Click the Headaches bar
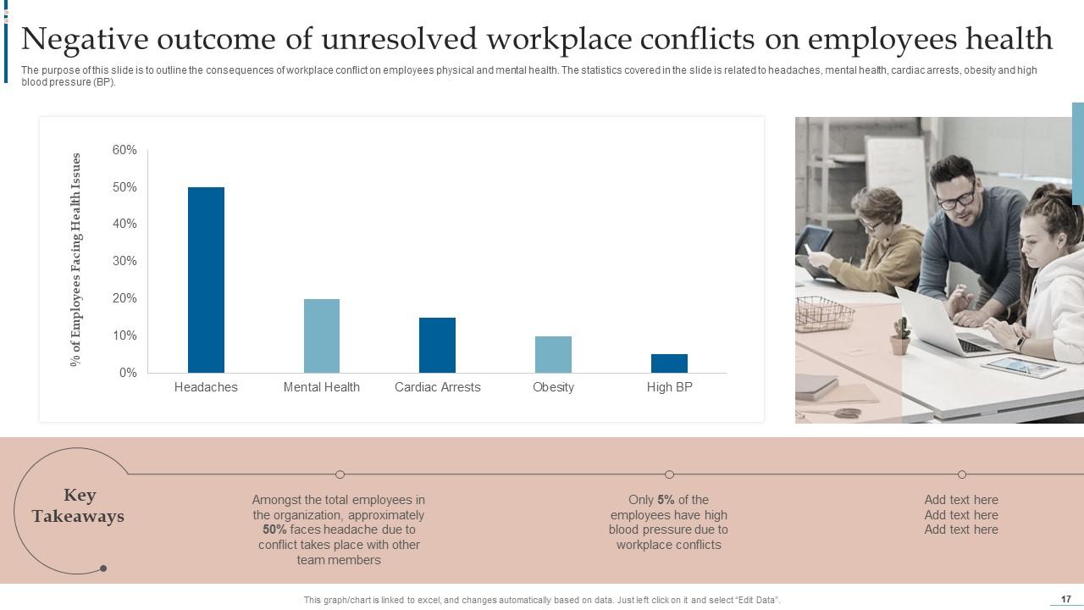[x=206, y=280]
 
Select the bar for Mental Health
[x=322, y=335]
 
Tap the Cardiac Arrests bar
[x=437, y=345]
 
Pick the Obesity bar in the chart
[x=553, y=354]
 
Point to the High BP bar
[x=669, y=363]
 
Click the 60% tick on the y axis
[x=124, y=150]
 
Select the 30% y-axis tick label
[x=124, y=261]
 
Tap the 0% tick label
[x=128, y=373]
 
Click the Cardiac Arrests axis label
[x=437, y=387]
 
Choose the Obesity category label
[x=553, y=387]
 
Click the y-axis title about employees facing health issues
[x=76, y=259]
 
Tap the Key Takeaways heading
[x=78, y=506]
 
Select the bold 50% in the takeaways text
[x=274, y=530]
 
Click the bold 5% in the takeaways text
[x=666, y=500]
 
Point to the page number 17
[x=1066, y=599]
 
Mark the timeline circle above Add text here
[x=962, y=474]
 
